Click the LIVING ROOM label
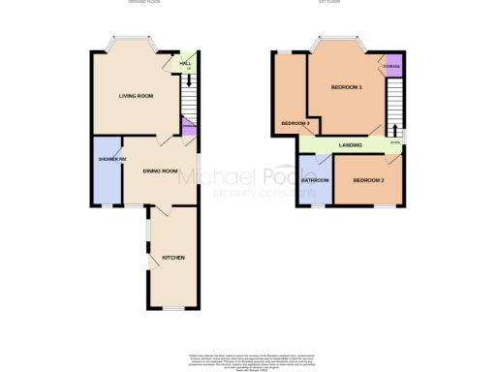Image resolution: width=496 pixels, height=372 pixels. [137, 96]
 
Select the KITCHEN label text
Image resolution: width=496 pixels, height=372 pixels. [173, 257]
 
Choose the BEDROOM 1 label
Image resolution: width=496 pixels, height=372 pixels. [346, 87]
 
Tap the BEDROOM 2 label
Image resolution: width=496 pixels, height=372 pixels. [369, 180]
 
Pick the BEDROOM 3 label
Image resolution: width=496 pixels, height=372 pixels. [295, 123]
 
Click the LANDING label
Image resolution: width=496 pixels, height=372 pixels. [351, 145]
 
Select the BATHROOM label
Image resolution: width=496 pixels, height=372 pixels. [315, 179]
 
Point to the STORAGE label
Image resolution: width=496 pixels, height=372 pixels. [392, 66]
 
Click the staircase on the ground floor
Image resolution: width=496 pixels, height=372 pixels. [188, 97]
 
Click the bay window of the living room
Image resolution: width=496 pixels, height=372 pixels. [132, 44]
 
